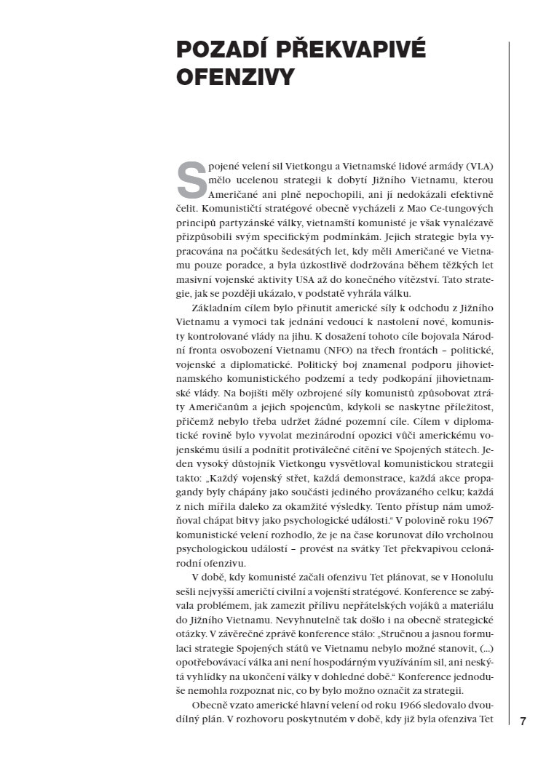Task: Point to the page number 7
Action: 523,721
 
